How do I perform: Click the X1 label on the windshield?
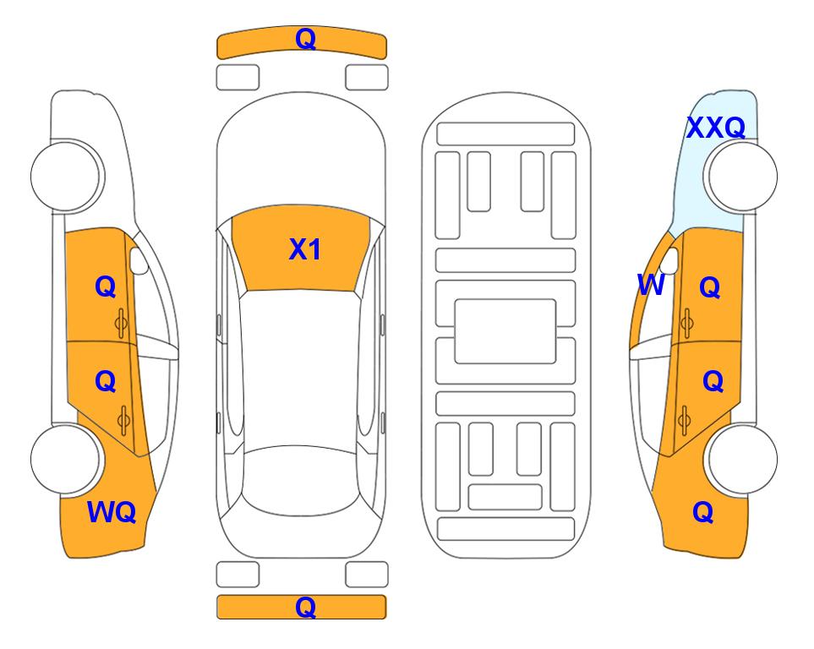pyautogui.click(x=305, y=249)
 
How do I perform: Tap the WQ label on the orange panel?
pyautogui.click(x=112, y=512)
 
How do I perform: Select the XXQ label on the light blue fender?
pyautogui.click(x=716, y=128)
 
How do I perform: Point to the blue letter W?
pyautogui.click(x=651, y=285)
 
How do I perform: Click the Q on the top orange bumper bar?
pyautogui.click(x=305, y=39)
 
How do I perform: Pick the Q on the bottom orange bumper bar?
pyautogui.click(x=305, y=607)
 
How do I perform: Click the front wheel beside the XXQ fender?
pyautogui.click(x=740, y=177)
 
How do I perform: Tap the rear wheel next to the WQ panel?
pyautogui.click(x=67, y=459)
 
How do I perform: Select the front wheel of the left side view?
pyautogui.click(x=67, y=177)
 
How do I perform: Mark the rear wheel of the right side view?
pyautogui.click(x=740, y=459)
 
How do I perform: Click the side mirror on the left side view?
pyautogui.click(x=139, y=260)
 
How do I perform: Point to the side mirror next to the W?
pyautogui.click(x=669, y=260)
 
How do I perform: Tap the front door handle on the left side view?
pyautogui.click(x=121, y=323)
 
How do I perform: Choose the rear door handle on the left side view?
pyautogui.click(x=123, y=420)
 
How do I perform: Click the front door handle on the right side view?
pyautogui.click(x=686, y=323)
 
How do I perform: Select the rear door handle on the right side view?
pyautogui.click(x=684, y=420)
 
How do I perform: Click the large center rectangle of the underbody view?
pyautogui.click(x=505, y=331)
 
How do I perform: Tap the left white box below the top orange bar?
pyautogui.click(x=238, y=78)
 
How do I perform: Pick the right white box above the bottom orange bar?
pyautogui.click(x=367, y=575)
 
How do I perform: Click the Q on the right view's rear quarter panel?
pyautogui.click(x=703, y=512)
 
